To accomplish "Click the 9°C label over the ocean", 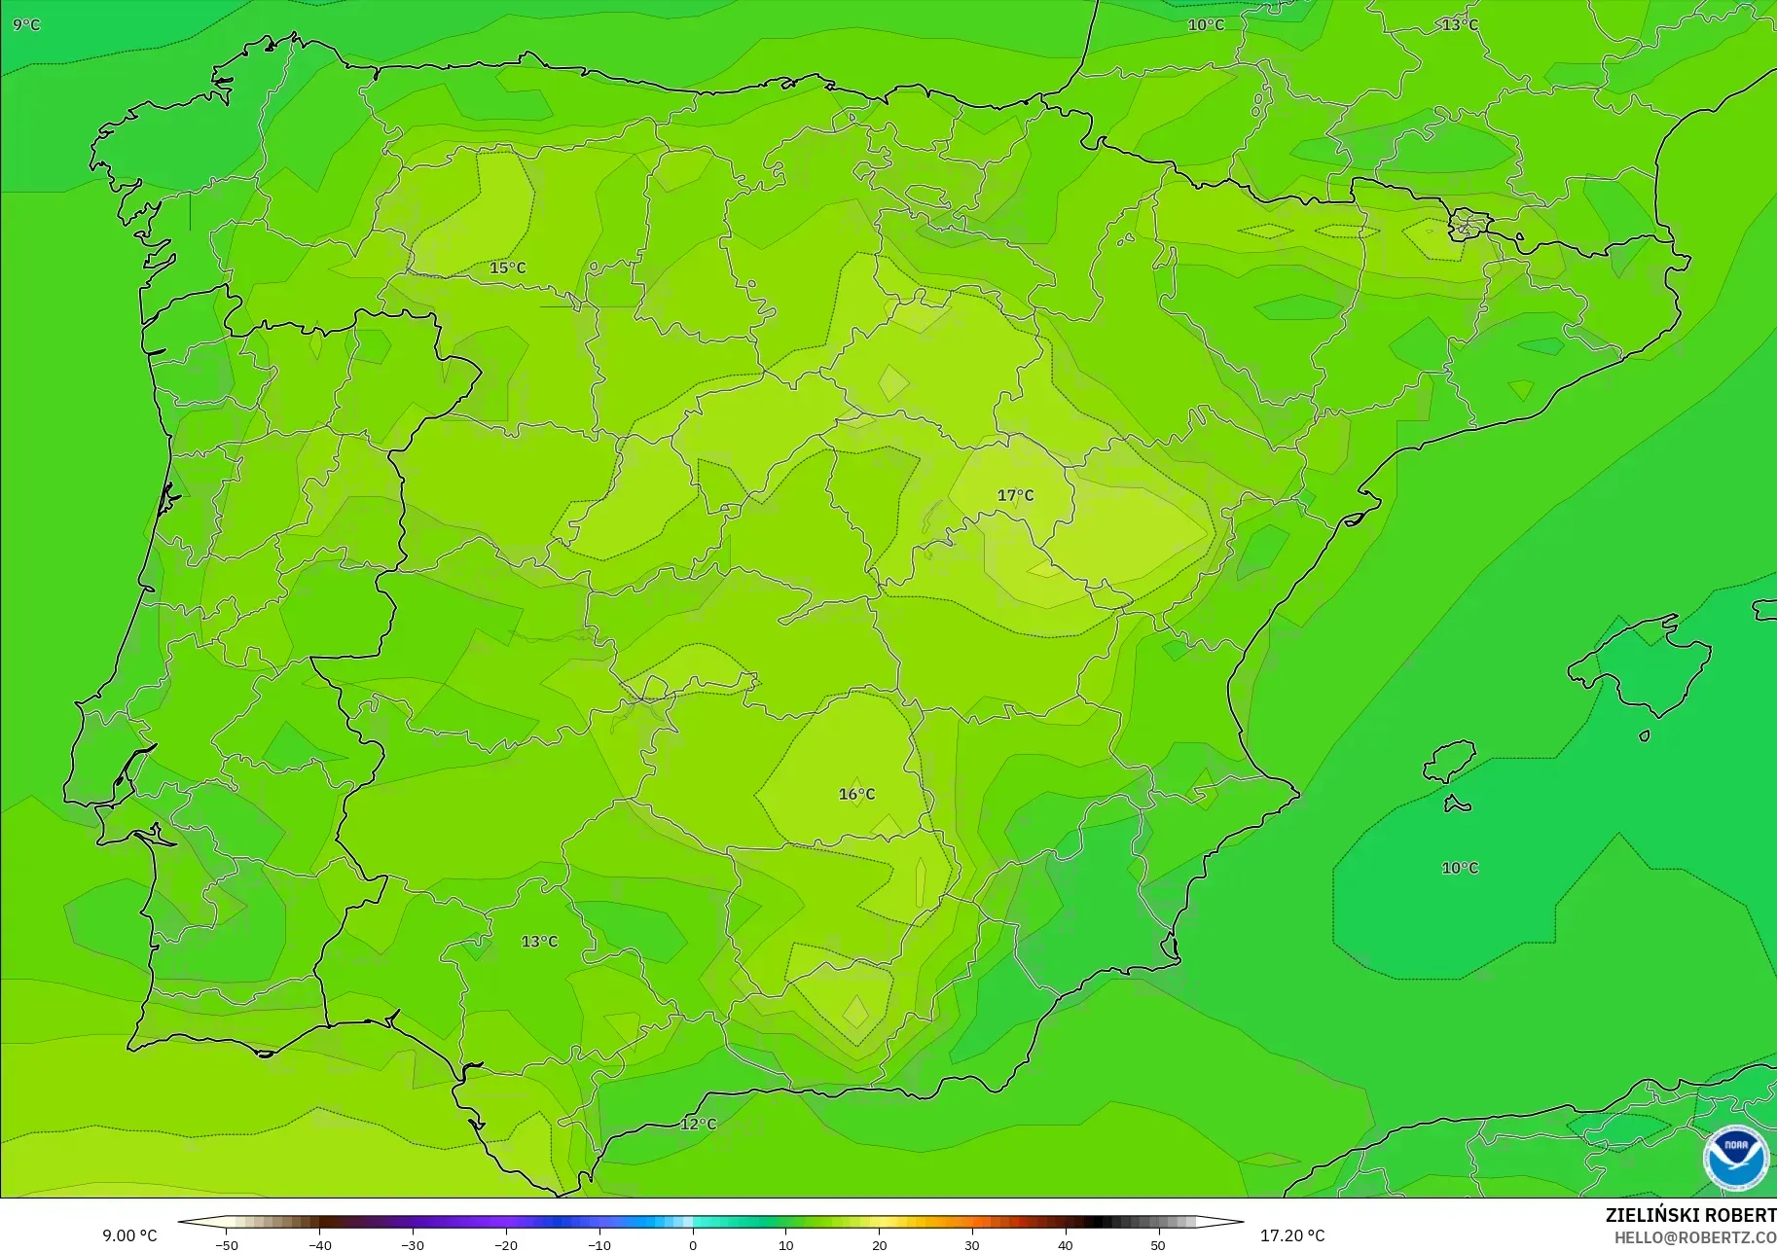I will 26,24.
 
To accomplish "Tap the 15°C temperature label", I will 507,268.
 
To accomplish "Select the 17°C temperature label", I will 1015,495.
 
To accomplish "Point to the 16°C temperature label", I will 856,794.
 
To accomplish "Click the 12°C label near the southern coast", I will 698,1124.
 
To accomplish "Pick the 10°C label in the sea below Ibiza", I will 1459,868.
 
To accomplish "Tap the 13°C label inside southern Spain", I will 539,942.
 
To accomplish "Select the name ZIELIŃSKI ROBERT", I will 1690,1215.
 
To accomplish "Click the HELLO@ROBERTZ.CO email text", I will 1694,1237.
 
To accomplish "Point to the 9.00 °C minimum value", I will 129,1235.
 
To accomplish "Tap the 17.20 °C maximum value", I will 1292,1235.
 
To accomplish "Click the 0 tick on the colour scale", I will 693,1245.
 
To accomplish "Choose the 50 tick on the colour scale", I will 1158,1245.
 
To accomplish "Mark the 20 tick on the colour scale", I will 879,1245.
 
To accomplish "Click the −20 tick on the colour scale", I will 506,1245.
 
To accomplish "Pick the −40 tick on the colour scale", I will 319,1245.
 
